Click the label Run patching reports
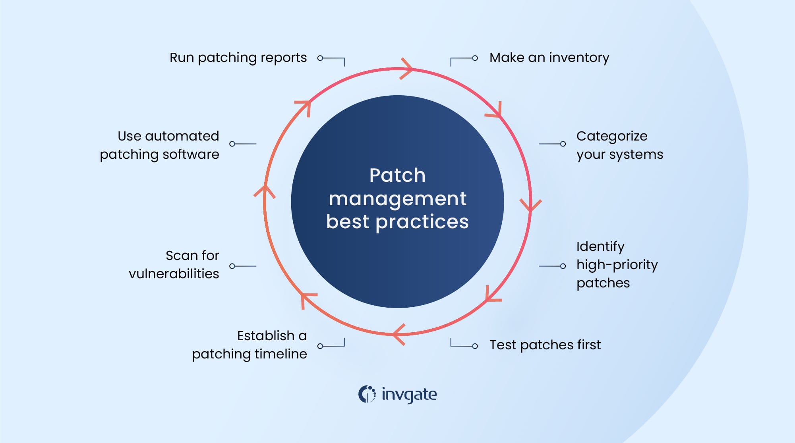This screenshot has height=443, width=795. point(238,58)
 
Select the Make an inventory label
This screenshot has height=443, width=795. point(549,58)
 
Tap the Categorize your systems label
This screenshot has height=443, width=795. point(619,145)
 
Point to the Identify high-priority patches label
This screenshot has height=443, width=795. point(617,265)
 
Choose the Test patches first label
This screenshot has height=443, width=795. point(545,345)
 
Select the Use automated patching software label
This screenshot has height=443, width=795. point(159,145)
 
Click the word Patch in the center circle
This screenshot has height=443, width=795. point(397,175)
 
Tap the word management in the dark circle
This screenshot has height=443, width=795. point(397,199)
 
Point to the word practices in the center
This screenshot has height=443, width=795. point(422,222)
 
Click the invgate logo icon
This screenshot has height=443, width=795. point(367,394)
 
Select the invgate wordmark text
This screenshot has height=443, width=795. point(409,395)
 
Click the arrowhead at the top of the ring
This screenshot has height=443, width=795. point(407,69)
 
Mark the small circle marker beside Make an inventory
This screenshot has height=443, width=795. point(475,58)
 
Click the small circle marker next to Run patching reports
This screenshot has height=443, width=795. point(320,58)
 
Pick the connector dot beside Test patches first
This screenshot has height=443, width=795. point(475,346)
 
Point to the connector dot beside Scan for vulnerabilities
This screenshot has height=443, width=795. point(232,266)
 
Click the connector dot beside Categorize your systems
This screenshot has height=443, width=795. point(563,144)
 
